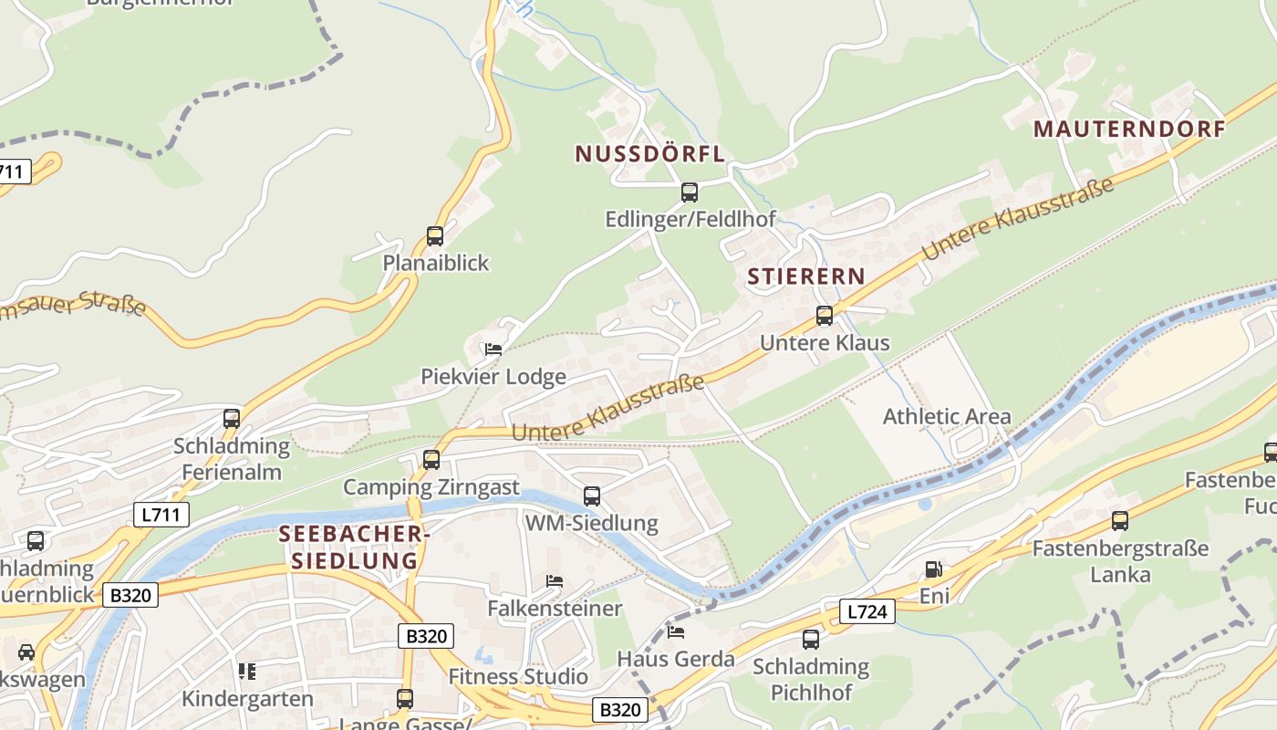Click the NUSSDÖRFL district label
tap(649, 154)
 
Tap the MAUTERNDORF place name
tap(1129, 130)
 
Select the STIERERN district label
tap(805, 276)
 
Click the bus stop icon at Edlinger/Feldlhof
tap(690, 193)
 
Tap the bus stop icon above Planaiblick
tap(435, 236)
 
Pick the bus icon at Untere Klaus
tap(825, 316)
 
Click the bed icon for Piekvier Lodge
tap(493, 349)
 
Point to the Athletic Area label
tap(947, 417)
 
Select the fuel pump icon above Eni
tap(933, 569)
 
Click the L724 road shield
tap(866, 611)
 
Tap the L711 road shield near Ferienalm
tap(163, 515)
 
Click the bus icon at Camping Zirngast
tap(431, 460)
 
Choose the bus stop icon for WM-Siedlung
tap(592, 496)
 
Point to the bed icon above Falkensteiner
tap(555, 581)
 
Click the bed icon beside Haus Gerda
tap(676, 631)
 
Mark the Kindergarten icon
tap(246, 672)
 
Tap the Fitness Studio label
tap(518, 677)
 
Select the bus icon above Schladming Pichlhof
tap(811, 640)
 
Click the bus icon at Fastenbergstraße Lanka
tap(1120, 521)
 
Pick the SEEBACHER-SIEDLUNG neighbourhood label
tap(354, 547)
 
